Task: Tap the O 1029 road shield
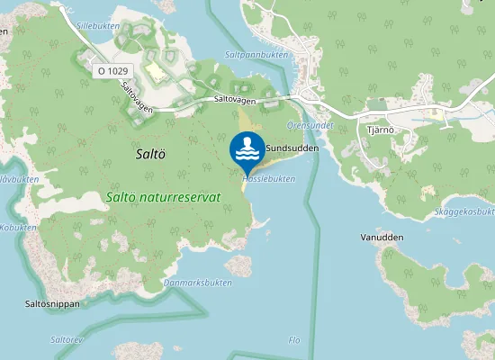tap(113, 69)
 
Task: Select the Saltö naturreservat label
tap(162, 196)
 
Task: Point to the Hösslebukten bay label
tap(268, 179)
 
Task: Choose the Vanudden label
tap(382, 238)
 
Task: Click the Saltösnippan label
tap(52, 304)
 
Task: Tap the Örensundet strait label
tap(309, 125)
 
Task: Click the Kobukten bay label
tap(18, 228)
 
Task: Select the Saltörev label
tap(67, 339)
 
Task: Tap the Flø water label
tap(293, 339)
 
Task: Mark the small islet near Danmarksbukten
tap(238, 265)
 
